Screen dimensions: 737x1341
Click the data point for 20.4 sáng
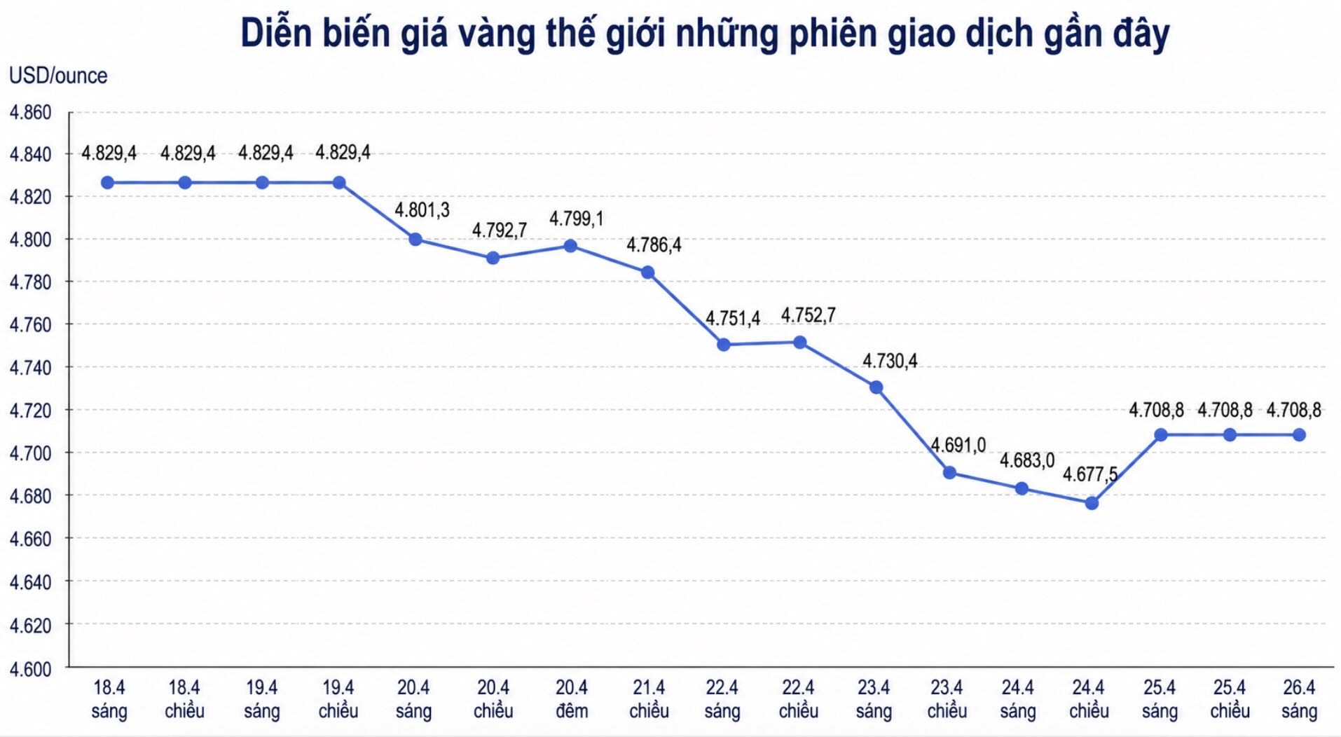[415, 240]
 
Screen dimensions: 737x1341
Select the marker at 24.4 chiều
[1092, 503]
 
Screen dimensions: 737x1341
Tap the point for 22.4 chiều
[799, 343]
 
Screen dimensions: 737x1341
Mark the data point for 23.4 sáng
[876, 387]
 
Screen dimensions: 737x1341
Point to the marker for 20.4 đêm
[570, 246]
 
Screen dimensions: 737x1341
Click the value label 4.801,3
[422, 210]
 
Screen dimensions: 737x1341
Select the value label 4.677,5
[1089, 475]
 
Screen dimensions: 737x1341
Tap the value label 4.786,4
[653, 245]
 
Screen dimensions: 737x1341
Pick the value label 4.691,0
[958, 446]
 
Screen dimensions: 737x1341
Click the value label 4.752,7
[808, 316]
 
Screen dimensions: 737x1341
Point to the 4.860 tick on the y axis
[30, 113]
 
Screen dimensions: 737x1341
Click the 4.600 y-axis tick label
[30, 669]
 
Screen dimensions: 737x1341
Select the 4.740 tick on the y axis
[30, 368]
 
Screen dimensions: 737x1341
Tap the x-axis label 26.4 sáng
[1299, 699]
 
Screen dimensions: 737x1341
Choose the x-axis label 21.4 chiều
[649, 699]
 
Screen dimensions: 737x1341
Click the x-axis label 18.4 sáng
[109, 699]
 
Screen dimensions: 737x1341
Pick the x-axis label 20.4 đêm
[572, 699]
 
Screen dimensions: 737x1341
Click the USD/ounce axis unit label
[58, 76]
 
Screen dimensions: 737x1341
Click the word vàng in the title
[497, 34]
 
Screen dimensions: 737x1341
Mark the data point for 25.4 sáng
[1160, 435]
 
